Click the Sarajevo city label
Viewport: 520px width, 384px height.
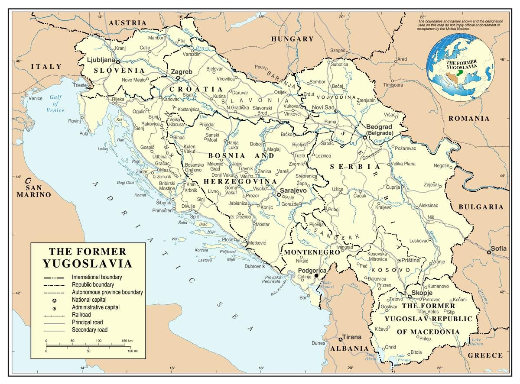pos(295,190)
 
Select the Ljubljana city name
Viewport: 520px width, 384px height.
pos(101,60)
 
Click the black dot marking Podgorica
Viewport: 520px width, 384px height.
pos(316,276)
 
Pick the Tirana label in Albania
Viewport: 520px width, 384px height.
pos(352,337)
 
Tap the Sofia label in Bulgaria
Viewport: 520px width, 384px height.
pos(499,248)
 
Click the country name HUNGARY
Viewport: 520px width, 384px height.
pos(292,39)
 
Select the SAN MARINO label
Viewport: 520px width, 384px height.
pos(34,191)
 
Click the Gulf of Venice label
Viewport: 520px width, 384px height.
pos(55,104)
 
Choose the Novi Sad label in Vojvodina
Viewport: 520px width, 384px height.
pos(323,107)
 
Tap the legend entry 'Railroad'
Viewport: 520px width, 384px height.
pos(81,315)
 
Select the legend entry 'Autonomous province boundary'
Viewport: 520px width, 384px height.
pos(107,292)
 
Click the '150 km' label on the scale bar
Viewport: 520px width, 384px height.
pos(127,341)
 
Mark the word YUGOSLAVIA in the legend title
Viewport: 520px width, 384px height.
pos(88,263)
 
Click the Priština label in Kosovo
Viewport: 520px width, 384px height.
pos(411,260)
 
